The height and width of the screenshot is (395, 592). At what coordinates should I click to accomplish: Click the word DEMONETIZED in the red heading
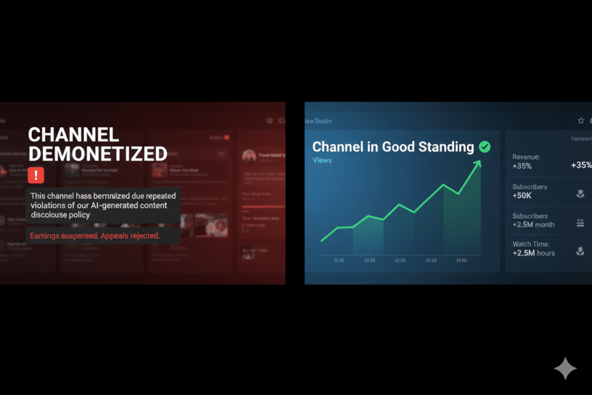97,154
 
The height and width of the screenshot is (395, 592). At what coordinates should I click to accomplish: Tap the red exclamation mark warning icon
36,175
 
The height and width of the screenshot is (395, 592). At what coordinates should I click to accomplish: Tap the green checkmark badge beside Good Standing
484,147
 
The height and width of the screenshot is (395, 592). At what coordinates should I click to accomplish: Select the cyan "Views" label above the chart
322,160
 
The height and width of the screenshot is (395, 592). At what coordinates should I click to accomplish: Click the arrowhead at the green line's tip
478,165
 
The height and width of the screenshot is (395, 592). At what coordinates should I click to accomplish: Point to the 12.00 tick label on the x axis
339,261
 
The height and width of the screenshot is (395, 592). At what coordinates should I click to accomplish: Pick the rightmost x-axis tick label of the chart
461,261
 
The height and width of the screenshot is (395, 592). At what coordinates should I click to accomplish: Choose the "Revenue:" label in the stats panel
526,157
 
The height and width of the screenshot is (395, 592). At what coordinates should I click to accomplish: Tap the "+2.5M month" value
533,224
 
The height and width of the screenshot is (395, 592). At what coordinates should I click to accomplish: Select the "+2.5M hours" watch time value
533,253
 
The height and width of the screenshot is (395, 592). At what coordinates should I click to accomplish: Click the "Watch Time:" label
531,244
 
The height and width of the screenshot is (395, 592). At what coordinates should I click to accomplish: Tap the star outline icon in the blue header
581,120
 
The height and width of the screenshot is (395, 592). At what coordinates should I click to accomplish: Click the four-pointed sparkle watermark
565,368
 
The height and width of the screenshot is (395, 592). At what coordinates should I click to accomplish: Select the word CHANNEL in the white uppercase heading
73,135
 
